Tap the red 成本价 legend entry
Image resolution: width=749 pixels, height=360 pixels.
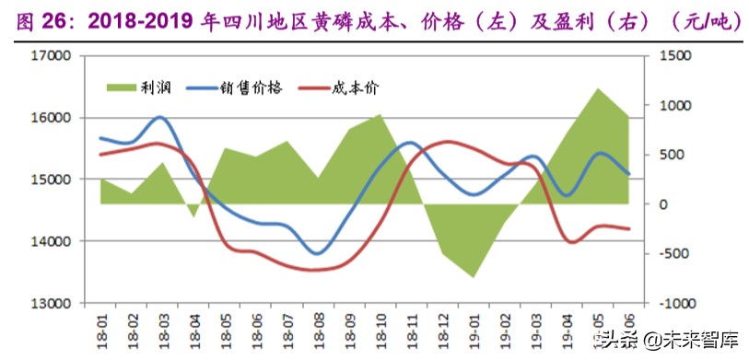pos(336,87)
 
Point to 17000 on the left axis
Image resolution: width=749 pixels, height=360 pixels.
pos(52,56)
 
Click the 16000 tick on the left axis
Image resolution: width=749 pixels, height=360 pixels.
pos(52,118)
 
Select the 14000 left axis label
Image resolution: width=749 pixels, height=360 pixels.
pos(52,241)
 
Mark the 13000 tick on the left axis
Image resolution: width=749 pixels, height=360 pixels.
pos(52,303)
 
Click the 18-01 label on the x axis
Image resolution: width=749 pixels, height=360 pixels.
pos(101,328)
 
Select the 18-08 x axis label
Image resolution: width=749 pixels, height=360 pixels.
pos(319,328)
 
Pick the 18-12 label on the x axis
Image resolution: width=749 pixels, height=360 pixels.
pos(443,328)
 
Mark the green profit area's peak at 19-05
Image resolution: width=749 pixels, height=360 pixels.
pos(598,89)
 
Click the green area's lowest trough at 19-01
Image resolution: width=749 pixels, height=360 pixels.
pos(474,277)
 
